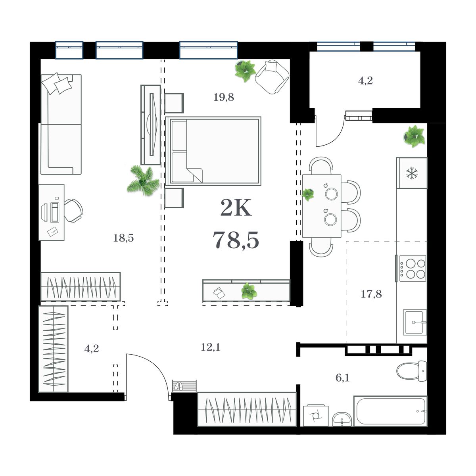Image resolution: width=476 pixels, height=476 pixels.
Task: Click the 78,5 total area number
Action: pos(236,240)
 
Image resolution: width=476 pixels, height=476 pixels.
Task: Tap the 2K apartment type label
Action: pos(236,208)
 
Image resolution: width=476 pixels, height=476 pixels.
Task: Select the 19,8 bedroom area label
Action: pos(224,97)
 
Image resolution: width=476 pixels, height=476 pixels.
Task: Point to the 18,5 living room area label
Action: pos(123,238)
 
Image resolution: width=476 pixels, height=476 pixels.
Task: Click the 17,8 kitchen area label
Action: pos(371,294)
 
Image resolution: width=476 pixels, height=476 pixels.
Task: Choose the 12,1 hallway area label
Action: pos(210,347)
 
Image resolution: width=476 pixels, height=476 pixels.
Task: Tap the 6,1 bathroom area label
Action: pos(342,378)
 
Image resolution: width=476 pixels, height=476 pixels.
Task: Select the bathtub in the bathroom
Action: pos(390,411)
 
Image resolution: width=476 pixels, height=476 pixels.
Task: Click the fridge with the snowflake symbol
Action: pos(412,173)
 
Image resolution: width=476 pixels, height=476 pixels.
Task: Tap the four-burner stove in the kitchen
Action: pos(413,268)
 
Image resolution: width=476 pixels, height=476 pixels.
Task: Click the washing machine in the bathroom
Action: pos(316,416)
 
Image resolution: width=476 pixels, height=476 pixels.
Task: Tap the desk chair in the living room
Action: pos(74,210)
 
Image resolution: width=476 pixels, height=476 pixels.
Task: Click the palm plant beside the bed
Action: pos(142,181)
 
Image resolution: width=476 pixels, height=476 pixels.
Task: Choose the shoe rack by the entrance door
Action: pos(185,386)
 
